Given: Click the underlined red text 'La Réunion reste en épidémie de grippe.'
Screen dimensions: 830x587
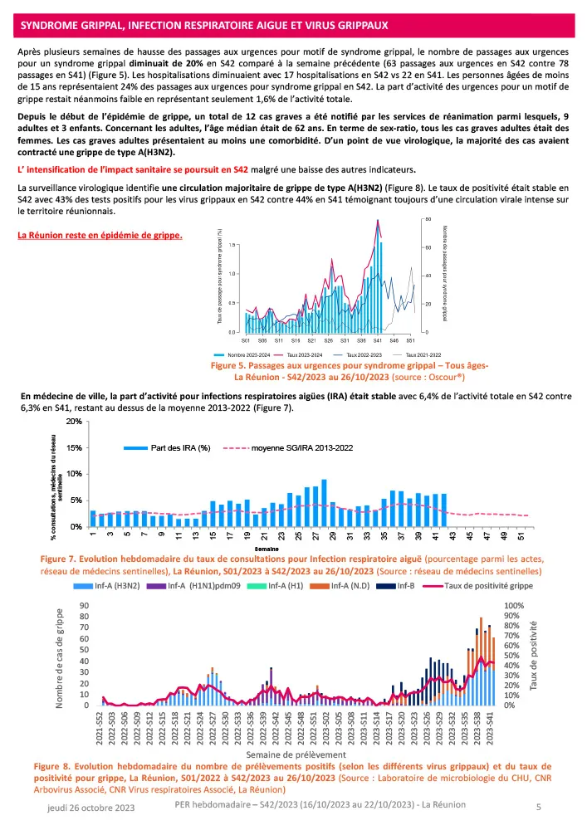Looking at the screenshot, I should [x=100, y=235].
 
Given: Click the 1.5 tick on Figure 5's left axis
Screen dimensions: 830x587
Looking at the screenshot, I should [x=232, y=245].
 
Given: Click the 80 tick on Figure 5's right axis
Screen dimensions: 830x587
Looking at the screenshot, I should [x=428, y=219].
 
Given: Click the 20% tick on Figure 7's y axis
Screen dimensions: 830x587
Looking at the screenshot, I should [x=74, y=422].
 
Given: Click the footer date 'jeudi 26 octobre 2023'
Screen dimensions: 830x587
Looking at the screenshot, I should [x=90, y=807].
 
